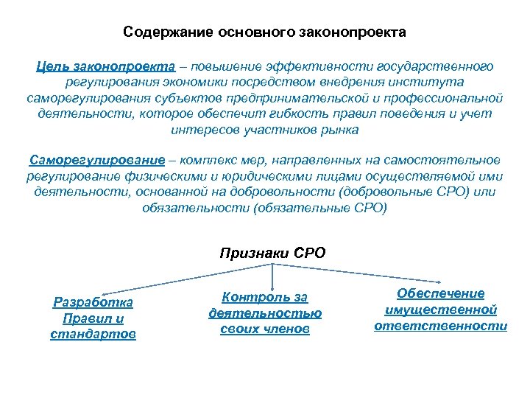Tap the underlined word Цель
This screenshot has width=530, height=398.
pyautogui.click(x=54, y=66)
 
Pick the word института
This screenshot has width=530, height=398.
pyautogui.click(x=428, y=82)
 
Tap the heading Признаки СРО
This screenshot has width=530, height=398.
pyautogui.click(x=272, y=253)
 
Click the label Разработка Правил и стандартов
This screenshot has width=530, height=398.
pyautogui.click(x=93, y=318)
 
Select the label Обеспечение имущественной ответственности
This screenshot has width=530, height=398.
pyautogui.click(x=441, y=310)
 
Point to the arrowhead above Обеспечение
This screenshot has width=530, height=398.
pyautogui.click(x=440, y=281)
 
